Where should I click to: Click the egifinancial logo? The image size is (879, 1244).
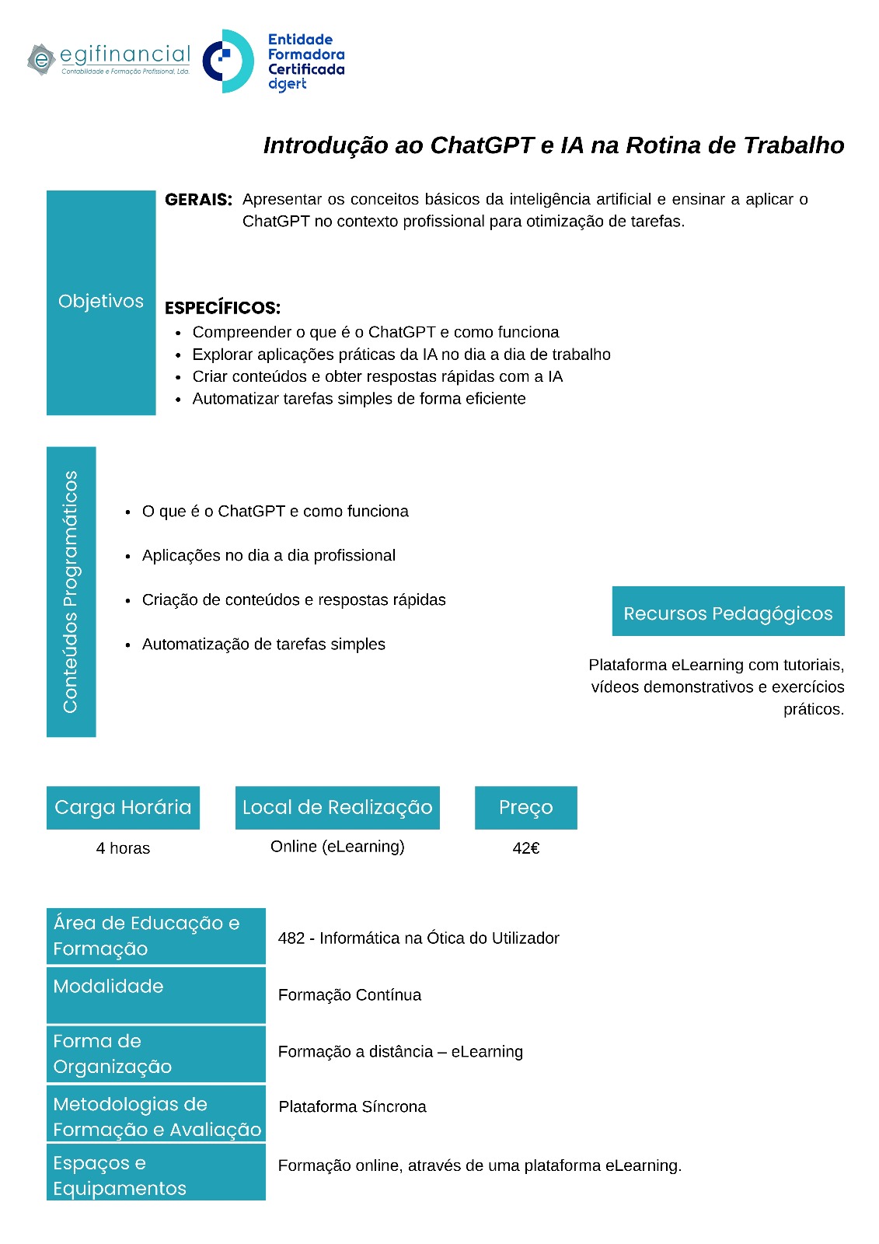pyautogui.click(x=109, y=59)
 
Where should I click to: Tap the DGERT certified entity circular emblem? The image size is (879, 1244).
pyautogui.click(x=228, y=61)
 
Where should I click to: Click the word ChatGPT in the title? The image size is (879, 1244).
pyautogui.click(x=482, y=145)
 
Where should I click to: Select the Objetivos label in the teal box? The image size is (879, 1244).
pyautogui.click(x=101, y=302)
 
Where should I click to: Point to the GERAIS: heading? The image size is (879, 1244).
pyautogui.click(x=198, y=200)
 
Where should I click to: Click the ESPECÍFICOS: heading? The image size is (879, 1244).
pyautogui.click(x=222, y=308)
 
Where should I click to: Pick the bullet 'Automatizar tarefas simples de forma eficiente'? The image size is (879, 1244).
pyautogui.click(x=358, y=399)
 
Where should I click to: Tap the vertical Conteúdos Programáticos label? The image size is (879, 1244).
pyautogui.click(x=71, y=591)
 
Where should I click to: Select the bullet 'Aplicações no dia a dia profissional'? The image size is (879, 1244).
pyautogui.click(x=268, y=556)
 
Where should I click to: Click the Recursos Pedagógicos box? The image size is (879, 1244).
pyautogui.click(x=727, y=613)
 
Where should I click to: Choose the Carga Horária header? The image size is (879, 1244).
pyautogui.click(x=123, y=808)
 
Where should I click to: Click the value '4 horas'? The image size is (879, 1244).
pyautogui.click(x=123, y=848)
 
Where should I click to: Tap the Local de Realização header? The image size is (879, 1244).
pyautogui.click(x=337, y=808)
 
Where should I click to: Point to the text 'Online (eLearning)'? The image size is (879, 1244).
pyautogui.click(x=337, y=847)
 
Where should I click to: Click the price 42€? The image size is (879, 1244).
pyautogui.click(x=525, y=848)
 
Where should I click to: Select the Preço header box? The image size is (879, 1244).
pyautogui.click(x=525, y=808)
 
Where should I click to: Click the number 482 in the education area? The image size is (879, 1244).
pyautogui.click(x=291, y=938)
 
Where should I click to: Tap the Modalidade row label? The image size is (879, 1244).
pyautogui.click(x=109, y=987)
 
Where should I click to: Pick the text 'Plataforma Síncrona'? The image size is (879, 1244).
pyautogui.click(x=352, y=1107)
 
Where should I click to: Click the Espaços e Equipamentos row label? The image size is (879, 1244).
pyautogui.click(x=120, y=1176)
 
